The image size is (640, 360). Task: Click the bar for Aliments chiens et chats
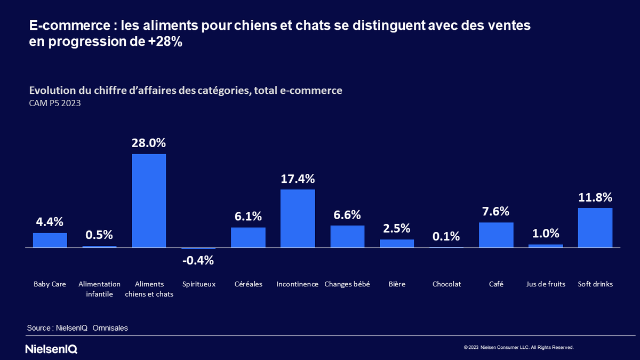click(x=149, y=201)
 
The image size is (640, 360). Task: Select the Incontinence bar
click(x=298, y=218)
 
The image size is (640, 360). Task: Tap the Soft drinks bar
click(x=595, y=228)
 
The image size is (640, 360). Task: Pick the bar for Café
click(x=496, y=235)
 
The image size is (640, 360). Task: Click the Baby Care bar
click(x=50, y=241)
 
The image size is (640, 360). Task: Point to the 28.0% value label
click(x=149, y=143)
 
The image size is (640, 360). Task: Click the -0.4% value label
click(x=198, y=261)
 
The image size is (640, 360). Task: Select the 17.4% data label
click(x=298, y=179)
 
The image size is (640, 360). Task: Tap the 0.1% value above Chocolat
click(x=446, y=236)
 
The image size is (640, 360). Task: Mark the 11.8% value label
click(x=595, y=197)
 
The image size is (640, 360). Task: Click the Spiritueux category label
click(x=198, y=284)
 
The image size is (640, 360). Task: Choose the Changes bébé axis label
click(x=347, y=284)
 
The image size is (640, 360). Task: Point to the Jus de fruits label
click(x=546, y=284)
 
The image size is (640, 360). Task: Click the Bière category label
click(x=397, y=284)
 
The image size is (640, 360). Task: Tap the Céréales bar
click(x=248, y=237)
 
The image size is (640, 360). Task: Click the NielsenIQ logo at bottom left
click(x=51, y=349)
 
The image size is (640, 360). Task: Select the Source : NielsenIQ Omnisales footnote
click(x=77, y=328)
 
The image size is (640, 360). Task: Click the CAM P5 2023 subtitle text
click(x=55, y=103)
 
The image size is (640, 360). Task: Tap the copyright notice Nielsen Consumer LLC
click(x=518, y=347)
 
